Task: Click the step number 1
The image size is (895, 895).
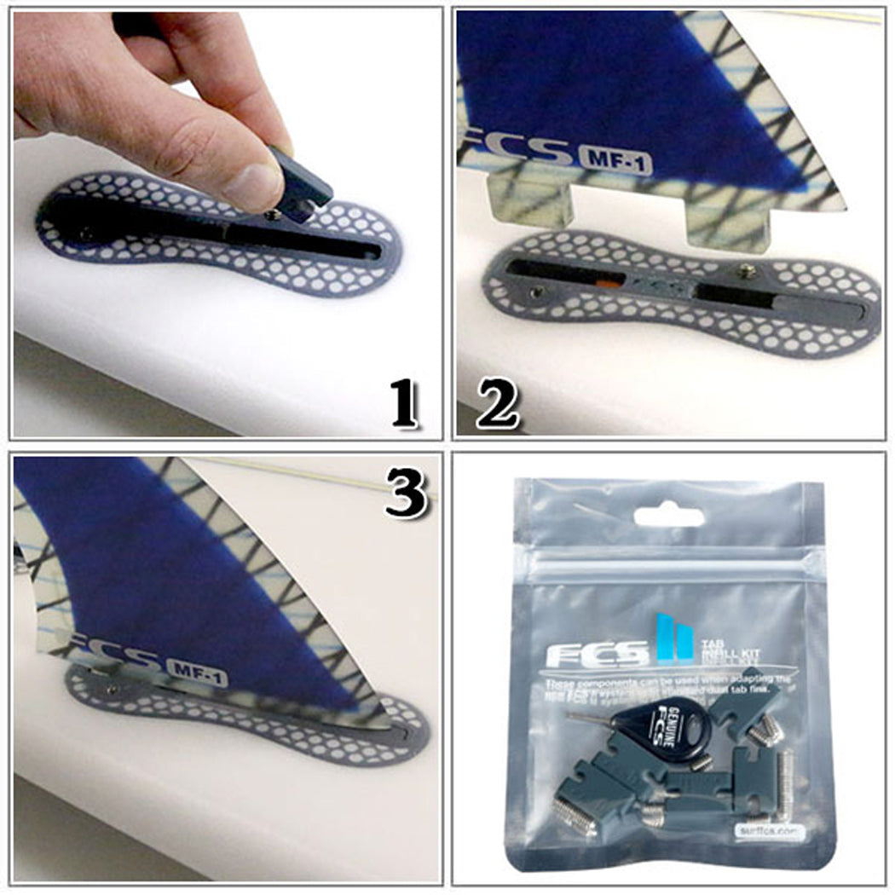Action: (x=402, y=404)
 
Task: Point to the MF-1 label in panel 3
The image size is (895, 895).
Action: (x=197, y=674)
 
